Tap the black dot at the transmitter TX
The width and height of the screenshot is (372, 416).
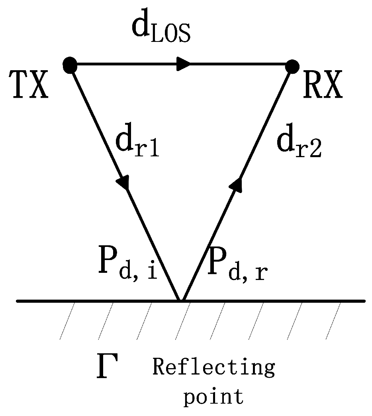(x=70, y=65)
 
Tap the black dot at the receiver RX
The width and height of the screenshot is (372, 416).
(x=292, y=66)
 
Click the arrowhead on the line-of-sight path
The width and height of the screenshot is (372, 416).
(x=183, y=64)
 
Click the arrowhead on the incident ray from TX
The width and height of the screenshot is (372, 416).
(x=123, y=183)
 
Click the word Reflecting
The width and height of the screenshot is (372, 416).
(x=213, y=367)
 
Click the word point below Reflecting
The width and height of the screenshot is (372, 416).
(x=213, y=397)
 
